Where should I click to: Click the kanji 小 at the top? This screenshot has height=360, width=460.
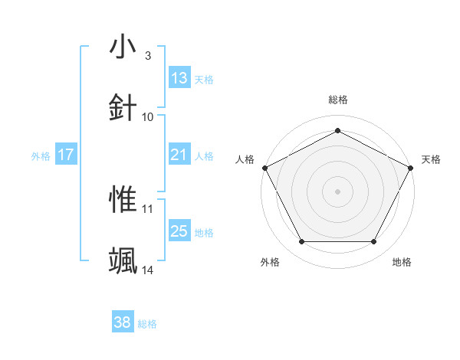pos(123,47)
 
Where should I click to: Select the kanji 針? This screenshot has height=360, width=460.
pos(123,106)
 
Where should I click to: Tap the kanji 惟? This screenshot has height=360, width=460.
pos(123,200)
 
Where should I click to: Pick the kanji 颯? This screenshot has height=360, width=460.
pos(123,260)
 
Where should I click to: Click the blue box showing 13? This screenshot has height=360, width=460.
pos(179,77)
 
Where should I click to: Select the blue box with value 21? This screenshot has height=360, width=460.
pos(179,155)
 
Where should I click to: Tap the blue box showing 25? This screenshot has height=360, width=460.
pos(179,231)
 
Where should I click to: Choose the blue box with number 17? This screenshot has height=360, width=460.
pos(66,155)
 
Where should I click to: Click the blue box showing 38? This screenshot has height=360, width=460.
pos(123,322)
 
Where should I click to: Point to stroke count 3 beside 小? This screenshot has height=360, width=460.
pos(147,56)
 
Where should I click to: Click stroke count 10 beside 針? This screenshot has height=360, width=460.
pos(148,116)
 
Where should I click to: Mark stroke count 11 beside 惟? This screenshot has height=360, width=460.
pos(148,209)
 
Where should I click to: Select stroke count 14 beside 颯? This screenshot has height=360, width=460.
pos(148,270)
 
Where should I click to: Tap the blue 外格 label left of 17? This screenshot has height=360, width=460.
pos(41,155)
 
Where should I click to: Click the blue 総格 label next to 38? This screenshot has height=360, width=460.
pos(148,324)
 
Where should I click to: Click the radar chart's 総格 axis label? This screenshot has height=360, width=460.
pos(338,100)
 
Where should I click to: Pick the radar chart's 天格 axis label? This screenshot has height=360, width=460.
pos(431,159)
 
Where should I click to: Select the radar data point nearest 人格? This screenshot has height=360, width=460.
pos(265,167)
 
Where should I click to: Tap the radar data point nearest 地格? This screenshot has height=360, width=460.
pos(374,242)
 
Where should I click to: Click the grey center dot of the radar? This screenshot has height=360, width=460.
pos(337,191)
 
